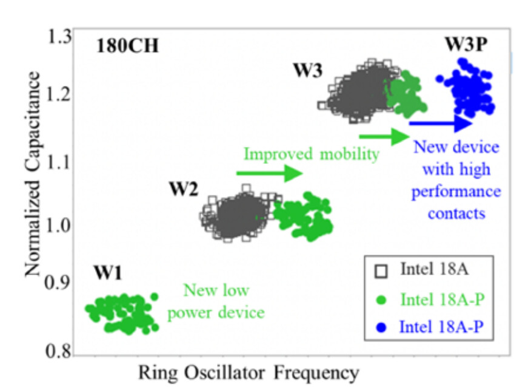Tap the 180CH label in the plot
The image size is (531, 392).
[x=127, y=46]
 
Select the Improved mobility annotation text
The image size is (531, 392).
[x=311, y=154]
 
